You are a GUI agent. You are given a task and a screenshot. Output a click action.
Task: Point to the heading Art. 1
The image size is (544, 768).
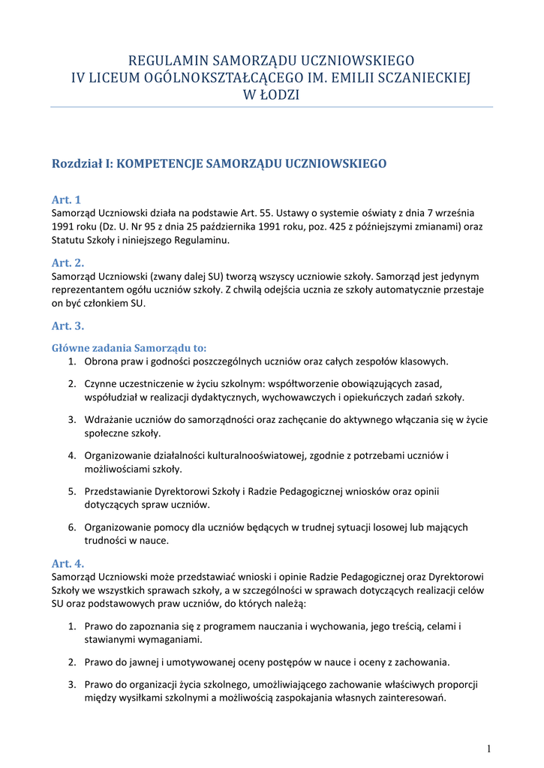click(66, 199)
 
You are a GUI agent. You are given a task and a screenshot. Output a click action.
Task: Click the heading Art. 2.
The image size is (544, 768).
click(68, 262)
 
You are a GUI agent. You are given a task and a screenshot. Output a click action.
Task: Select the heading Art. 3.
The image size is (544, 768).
click(68, 325)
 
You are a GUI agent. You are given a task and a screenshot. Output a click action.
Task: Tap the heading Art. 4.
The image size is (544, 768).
click(68, 562)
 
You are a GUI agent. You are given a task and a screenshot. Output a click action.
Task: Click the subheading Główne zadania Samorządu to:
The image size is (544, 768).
click(128, 348)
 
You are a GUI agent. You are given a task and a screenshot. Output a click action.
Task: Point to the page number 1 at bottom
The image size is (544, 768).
click(488, 748)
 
